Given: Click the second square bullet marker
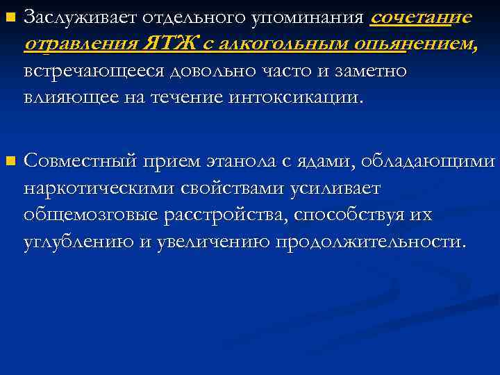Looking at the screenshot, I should point(9,162).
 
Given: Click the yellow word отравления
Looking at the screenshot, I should point(81,45).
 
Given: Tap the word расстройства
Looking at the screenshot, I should point(226,215).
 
